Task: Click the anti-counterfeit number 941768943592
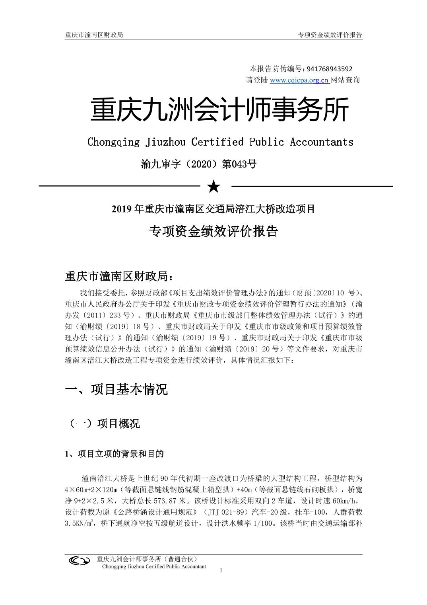(x=329, y=69)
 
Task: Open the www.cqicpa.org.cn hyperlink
(x=299, y=80)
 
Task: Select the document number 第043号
(x=239, y=164)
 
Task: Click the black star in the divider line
(x=214, y=186)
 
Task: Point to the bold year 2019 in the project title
(x=122, y=209)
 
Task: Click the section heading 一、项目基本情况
(x=116, y=389)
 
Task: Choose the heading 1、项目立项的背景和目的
(x=114, y=454)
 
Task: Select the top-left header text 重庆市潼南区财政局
(x=94, y=35)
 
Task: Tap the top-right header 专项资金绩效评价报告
(x=330, y=35)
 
